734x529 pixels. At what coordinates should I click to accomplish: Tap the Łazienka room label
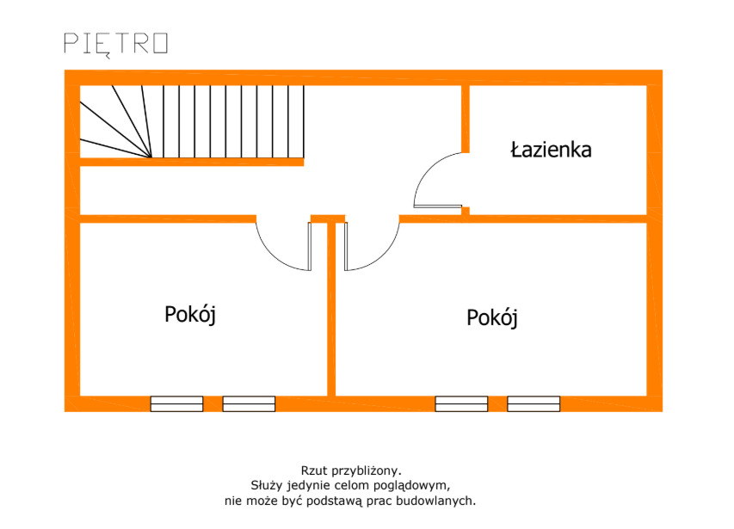click(551, 150)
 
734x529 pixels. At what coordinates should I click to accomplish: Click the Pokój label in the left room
click(190, 315)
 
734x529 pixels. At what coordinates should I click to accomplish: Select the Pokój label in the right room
click(492, 318)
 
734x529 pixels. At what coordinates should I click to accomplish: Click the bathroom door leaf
click(438, 206)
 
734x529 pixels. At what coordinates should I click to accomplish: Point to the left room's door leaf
click(310, 247)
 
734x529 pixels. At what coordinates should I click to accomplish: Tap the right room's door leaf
click(346, 247)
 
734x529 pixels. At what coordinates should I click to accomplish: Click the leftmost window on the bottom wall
click(177, 403)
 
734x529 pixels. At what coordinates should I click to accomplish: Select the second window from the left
click(249, 403)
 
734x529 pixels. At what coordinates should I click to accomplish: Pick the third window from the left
click(461, 403)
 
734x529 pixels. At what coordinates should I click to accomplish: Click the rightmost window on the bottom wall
click(534, 403)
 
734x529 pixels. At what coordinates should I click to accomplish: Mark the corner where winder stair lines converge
click(151, 157)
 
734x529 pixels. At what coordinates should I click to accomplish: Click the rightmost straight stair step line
click(304, 121)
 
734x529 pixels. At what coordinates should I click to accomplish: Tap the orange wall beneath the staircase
click(192, 163)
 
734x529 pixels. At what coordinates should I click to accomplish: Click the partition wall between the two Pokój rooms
click(331, 310)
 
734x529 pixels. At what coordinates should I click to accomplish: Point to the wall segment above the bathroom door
click(466, 119)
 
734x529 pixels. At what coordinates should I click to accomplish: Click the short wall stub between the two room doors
click(328, 218)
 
